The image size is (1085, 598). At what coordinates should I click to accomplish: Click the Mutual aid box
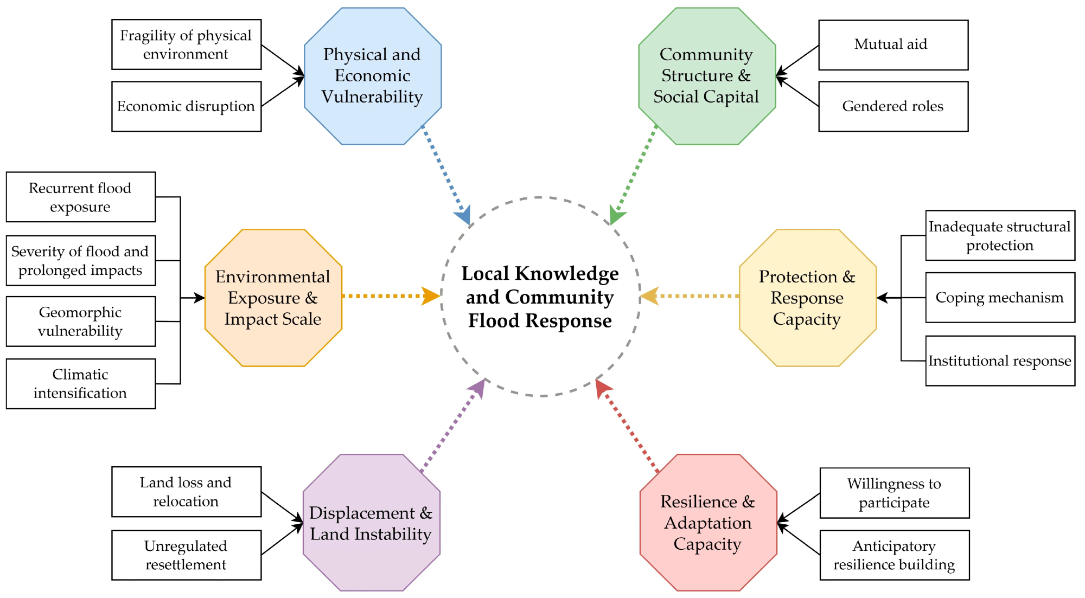[x=893, y=45]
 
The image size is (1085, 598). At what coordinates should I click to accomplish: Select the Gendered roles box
[x=893, y=106]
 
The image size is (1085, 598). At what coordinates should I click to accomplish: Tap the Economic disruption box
[x=186, y=106]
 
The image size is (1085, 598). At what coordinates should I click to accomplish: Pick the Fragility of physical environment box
[x=186, y=44]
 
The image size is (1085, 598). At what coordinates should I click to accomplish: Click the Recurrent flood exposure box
[x=80, y=197]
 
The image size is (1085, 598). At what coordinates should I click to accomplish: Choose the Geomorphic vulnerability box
[x=80, y=321]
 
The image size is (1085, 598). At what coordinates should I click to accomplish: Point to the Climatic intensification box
[x=80, y=383]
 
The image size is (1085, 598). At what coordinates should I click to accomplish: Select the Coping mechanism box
[x=1000, y=298]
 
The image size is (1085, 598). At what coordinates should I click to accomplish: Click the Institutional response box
[x=1000, y=361]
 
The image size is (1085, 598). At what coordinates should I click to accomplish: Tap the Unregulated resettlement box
[x=186, y=555]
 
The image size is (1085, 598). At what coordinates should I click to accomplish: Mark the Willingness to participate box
[x=894, y=493]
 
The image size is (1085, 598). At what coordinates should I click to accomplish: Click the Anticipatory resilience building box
[x=894, y=555]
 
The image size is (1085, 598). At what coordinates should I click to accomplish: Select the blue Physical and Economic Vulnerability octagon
[x=373, y=76]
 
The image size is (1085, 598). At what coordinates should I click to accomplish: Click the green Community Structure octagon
[x=707, y=76]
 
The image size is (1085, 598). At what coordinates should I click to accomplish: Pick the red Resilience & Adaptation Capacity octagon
[x=708, y=523]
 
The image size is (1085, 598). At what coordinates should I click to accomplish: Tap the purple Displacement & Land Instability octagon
[x=371, y=523]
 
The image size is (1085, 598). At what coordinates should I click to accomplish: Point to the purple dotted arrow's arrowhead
[x=478, y=387]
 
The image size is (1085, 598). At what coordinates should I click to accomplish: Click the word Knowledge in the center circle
[x=566, y=274]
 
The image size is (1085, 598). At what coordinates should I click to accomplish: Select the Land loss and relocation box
[x=186, y=492]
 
